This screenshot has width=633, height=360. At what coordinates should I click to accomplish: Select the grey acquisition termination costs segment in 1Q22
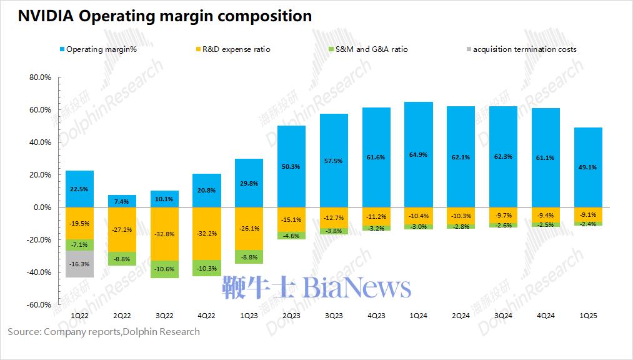(79, 264)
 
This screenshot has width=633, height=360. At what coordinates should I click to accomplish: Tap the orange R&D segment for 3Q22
(164, 234)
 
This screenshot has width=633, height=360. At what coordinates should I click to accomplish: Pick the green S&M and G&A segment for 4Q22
(207, 268)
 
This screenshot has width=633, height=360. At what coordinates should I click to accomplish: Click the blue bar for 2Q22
(122, 201)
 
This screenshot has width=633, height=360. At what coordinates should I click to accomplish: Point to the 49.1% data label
(588, 167)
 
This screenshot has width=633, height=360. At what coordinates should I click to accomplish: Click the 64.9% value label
(418, 154)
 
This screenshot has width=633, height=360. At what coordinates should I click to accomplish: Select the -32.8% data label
(164, 234)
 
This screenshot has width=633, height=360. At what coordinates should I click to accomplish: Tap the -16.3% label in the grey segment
(79, 264)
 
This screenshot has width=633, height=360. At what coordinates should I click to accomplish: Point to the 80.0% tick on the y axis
(40, 77)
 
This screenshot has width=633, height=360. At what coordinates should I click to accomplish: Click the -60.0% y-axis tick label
(39, 304)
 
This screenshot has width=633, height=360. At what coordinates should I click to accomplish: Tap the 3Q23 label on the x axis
(333, 316)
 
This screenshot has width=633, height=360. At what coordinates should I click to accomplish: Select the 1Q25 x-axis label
(588, 316)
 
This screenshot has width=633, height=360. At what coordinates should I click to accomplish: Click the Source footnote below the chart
(104, 331)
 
